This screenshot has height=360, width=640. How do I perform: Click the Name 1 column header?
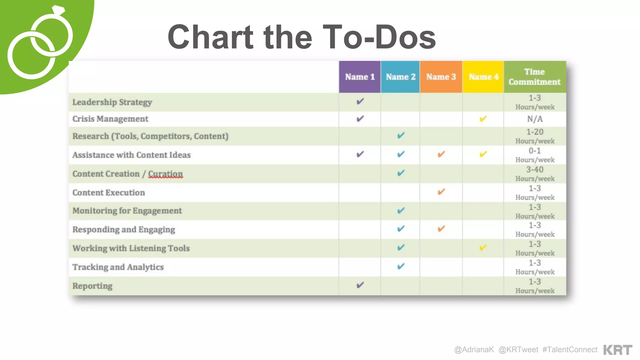(x=360, y=77)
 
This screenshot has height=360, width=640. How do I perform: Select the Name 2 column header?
(x=400, y=77)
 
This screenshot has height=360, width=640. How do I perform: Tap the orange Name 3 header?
(x=441, y=77)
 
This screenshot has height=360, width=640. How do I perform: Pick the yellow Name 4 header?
(x=483, y=77)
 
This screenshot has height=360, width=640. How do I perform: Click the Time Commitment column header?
(x=535, y=77)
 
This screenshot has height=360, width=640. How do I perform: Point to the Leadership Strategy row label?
(x=112, y=102)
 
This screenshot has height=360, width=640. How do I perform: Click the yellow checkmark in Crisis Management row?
(x=483, y=119)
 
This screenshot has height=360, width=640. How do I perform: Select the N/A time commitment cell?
(x=535, y=119)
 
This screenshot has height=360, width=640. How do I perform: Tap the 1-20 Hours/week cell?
(x=535, y=136)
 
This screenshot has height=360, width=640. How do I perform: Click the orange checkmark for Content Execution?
(x=441, y=192)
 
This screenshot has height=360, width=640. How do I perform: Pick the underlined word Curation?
(x=165, y=174)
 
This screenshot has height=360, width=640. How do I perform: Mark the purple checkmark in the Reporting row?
(x=360, y=285)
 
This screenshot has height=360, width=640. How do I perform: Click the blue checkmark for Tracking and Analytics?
(x=401, y=266)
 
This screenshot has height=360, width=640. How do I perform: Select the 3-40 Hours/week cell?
(x=535, y=174)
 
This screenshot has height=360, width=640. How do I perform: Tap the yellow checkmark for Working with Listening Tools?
(x=483, y=248)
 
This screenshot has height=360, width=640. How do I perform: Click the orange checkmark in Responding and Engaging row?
(x=441, y=229)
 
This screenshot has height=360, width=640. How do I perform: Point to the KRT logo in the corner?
(x=617, y=350)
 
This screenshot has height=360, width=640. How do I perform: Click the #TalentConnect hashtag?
(x=570, y=350)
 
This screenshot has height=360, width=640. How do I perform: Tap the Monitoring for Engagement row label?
(x=127, y=211)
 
